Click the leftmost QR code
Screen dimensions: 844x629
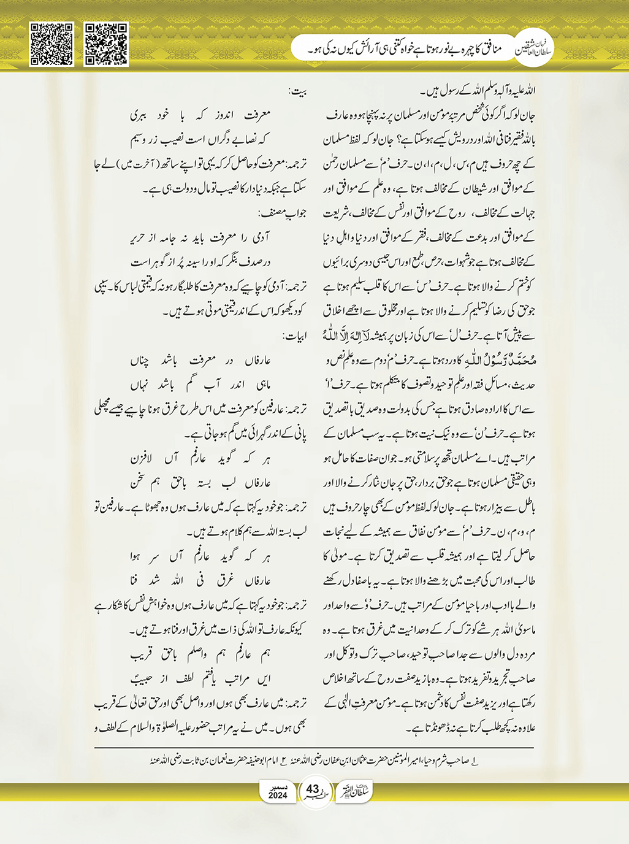click(x=52, y=44)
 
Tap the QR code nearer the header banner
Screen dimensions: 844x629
click(x=106, y=44)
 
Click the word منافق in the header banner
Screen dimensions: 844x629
click(x=488, y=48)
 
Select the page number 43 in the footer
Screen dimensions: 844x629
click(x=313, y=789)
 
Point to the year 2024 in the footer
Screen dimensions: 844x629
click(x=278, y=796)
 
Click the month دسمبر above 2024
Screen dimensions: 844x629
click(x=278, y=786)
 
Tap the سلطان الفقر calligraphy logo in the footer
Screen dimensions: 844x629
click(x=355, y=792)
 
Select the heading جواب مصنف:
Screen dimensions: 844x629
click(x=283, y=213)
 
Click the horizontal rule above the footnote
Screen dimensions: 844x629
click(x=314, y=748)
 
